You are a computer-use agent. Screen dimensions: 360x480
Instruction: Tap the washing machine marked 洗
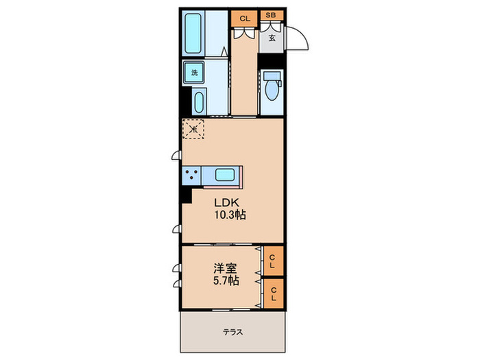[x=194, y=72]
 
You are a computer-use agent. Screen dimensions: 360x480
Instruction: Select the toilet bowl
[x=271, y=88]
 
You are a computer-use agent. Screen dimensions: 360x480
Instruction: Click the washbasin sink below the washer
[x=198, y=104]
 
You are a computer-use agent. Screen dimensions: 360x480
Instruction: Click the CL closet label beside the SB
[x=244, y=17]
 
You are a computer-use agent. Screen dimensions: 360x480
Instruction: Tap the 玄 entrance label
[x=272, y=38]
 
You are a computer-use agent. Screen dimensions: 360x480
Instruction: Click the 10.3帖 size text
[x=230, y=215]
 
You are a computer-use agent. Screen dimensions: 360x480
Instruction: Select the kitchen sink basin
[x=226, y=175]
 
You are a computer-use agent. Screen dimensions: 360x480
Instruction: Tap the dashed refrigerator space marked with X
[x=193, y=128]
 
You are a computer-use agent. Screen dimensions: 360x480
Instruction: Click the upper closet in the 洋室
[x=273, y=261]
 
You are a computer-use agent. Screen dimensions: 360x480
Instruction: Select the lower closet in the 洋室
[x=273, y=293]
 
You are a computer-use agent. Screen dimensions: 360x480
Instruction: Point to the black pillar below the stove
[x=185, y=194]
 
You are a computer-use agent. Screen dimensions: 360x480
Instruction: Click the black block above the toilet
[x=271, y=60]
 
